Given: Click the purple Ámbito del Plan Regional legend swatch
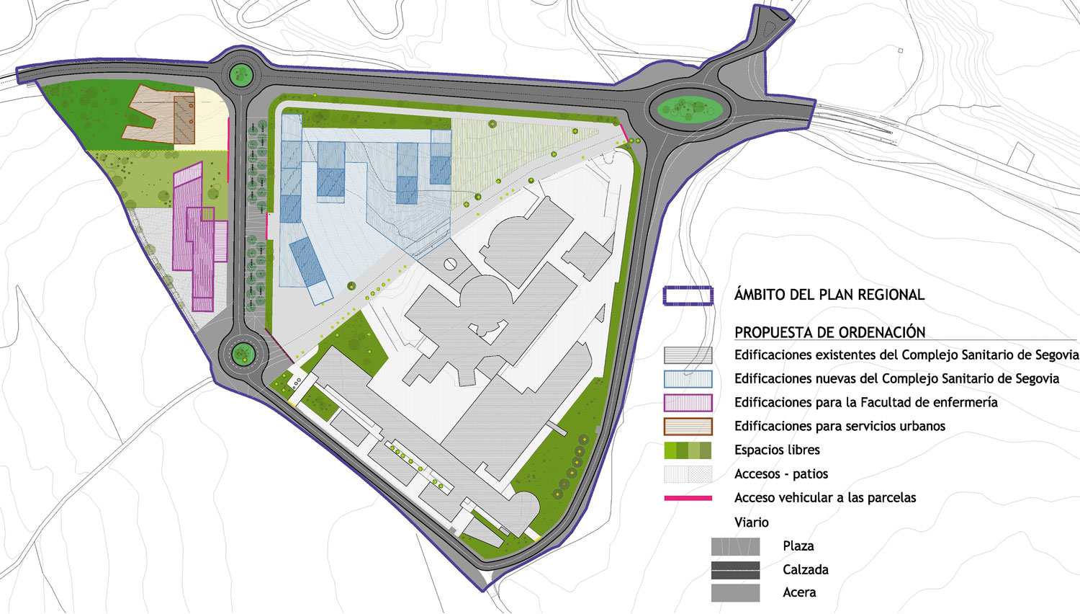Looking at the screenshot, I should pos(688,295).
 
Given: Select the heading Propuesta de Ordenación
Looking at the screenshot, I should pos(829,332).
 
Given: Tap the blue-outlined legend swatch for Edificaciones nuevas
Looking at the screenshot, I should pos(688,379).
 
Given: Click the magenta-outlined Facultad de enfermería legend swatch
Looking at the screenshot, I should pos(688,403).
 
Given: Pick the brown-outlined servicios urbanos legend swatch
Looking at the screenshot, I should pos(688,427).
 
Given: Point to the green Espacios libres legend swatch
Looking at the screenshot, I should pos(688,450).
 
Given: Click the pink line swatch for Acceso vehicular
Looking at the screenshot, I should pos(688,498).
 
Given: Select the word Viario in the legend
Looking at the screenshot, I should pos(751,522).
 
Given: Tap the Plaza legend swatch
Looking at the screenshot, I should pos(735,546).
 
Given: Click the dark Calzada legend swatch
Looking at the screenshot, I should pos(735,570).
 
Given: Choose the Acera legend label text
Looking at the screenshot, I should pos(799,592).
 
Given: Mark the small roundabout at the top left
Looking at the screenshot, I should pos(240,73).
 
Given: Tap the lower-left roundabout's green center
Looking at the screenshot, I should pos(243,352).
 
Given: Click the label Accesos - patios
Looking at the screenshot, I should pos(781,474).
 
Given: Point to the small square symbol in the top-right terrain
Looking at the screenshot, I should pos(900,50).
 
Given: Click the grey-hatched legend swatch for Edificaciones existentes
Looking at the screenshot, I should pos(688,355).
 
